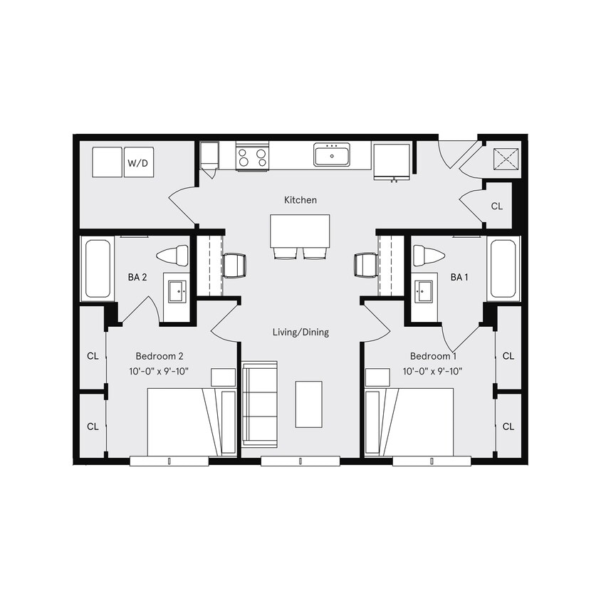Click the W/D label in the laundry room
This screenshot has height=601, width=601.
[138, 163]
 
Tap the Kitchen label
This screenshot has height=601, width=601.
[300, 200]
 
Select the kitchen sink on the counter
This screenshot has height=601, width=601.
[331, 154]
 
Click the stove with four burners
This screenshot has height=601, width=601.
[252, 156]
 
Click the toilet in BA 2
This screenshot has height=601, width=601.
[173, 255]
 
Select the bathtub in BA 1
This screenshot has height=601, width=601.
[503, 268]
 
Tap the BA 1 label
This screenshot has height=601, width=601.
[459, 277]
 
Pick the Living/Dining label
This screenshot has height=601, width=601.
[300, 332]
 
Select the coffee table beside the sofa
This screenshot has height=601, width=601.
[308, 404]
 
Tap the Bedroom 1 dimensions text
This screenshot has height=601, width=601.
[432, 371]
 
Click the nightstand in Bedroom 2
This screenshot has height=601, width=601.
[223, 377]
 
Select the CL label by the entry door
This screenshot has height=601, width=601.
[496, 206]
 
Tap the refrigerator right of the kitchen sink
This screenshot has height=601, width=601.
[392, 161]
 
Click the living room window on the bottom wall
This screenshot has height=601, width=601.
[300, 461]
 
